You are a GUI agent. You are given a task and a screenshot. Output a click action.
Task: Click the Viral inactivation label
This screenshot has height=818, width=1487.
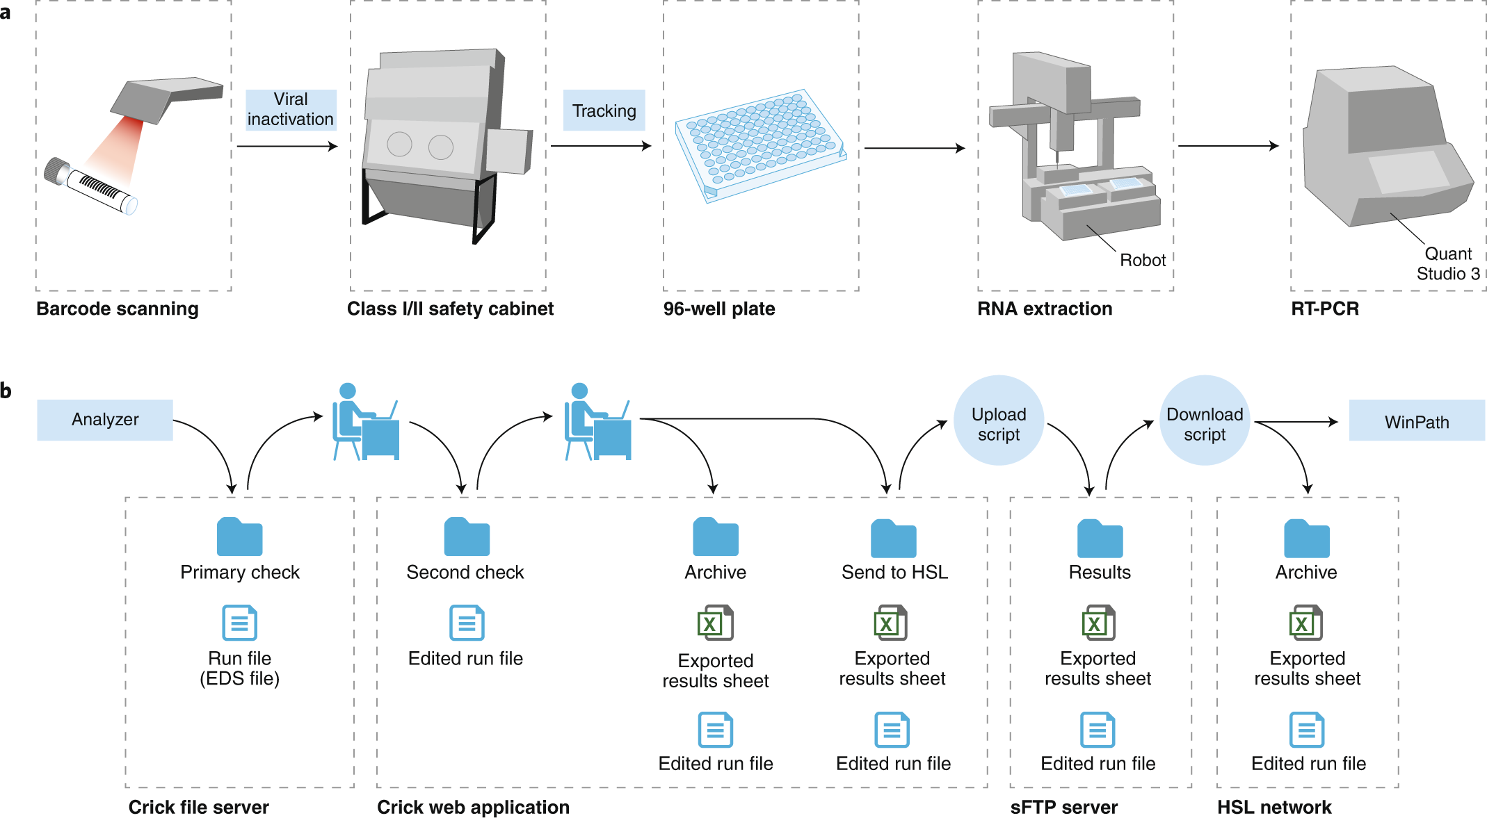click(x=291, y=110)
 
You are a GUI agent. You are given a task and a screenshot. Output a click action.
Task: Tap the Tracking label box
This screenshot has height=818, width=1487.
click(x=604, y=111)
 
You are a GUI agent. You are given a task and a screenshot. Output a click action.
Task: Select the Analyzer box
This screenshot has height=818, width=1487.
click(x=105, y=420)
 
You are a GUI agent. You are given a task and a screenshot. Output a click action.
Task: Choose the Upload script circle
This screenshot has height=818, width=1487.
click(x=999, y=420)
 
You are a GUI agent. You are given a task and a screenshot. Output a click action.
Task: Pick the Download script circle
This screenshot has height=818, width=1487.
click(x=1205, y=420)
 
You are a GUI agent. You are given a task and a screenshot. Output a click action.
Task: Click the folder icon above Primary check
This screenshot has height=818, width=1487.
click(x=240, y=537)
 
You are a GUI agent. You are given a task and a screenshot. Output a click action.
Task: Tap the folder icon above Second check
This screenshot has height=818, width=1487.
click(x=467, y=537)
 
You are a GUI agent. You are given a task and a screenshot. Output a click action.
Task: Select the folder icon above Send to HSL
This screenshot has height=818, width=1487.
click(x=894, y=538)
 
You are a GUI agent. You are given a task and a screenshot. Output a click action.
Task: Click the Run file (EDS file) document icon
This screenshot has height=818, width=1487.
click(x=240, y=623)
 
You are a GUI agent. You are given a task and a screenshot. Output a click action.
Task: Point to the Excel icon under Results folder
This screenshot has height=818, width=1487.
click(x=1099, y=623)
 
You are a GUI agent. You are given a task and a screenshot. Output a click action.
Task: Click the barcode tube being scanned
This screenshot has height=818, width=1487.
click(x=90, y=185)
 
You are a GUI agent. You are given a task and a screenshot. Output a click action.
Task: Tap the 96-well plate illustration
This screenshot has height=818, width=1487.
click(x=761, y=145)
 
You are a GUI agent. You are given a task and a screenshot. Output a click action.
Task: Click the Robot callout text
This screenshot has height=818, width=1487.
click(x=1143, y=260)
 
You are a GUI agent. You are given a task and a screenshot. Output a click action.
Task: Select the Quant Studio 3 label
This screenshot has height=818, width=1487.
click(x=1449, y=263)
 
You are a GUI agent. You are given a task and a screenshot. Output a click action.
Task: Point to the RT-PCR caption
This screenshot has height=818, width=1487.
click(x=1325, y=309)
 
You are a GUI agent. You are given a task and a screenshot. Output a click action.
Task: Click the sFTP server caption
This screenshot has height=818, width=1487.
click(x=1064, y=807)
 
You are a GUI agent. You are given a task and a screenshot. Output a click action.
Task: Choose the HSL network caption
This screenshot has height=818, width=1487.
click(x=1274, y=807)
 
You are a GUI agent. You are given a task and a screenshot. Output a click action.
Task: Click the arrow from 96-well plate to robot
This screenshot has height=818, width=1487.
click(x=915, y=148)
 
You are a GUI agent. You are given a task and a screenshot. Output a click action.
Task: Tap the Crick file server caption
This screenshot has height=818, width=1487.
click(x=199, y=807)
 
